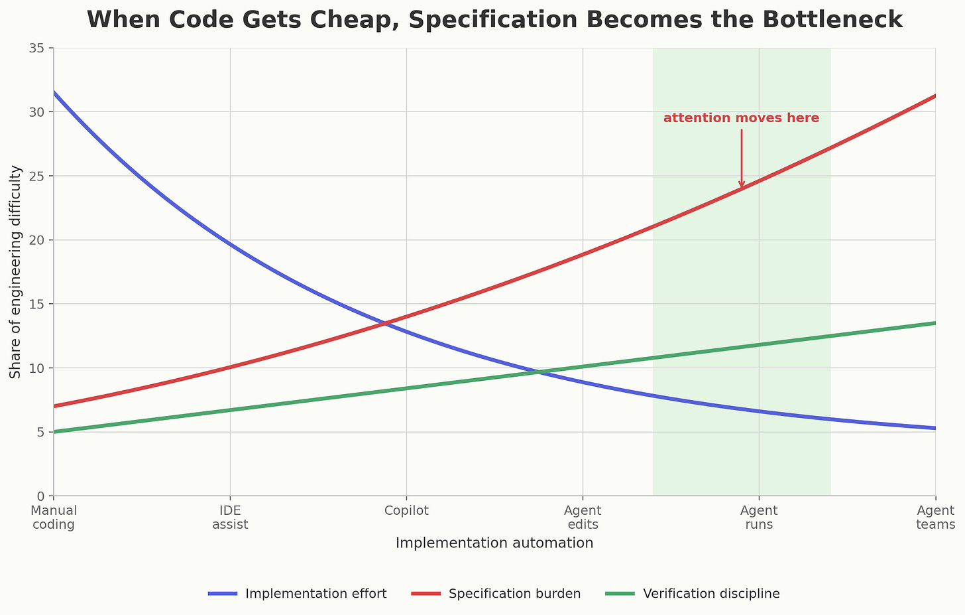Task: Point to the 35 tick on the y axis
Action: coord(36,48)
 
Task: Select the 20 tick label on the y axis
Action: coord(36,240)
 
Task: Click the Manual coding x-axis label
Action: coord(54,517)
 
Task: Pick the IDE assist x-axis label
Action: coord(230,517)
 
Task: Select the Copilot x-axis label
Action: coord(406,511)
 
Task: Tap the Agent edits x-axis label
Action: coord(583,517)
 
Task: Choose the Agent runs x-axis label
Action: coord(759,517)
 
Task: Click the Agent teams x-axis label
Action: coord(935,517)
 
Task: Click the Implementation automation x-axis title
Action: coord(494,543)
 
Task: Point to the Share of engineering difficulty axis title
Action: coord(16,272)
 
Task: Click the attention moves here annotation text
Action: coord(741,118)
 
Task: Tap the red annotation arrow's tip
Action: coord(742,188)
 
